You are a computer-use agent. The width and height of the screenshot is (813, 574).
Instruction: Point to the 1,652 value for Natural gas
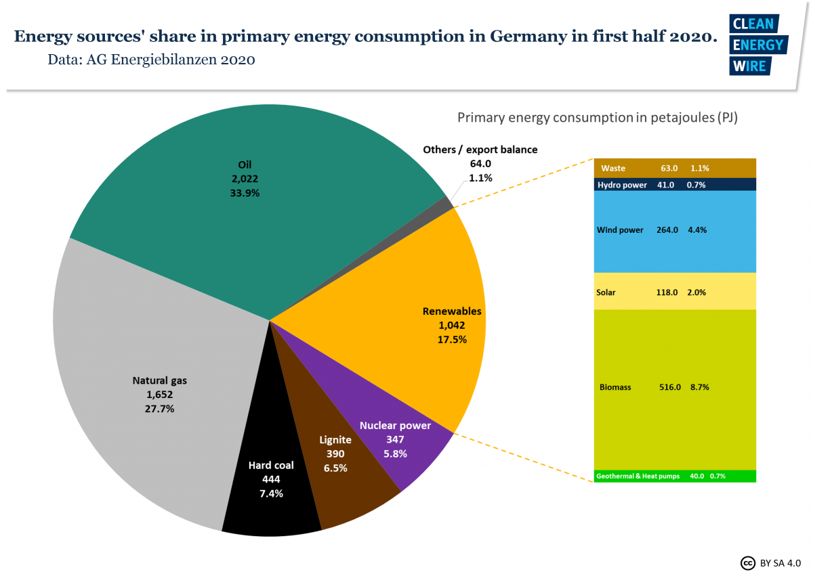(159, 395)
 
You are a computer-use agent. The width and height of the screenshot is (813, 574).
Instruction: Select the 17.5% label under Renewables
(452, 339)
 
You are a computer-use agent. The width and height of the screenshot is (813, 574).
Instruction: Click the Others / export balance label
(480, 150)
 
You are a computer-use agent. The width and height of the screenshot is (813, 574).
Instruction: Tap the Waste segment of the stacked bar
(675, 168)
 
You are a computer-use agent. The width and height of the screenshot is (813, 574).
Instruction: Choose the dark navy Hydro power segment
(675, 185)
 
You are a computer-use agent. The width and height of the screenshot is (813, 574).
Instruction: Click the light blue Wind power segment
(675, 231)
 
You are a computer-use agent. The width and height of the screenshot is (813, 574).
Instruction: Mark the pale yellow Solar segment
(675, 292)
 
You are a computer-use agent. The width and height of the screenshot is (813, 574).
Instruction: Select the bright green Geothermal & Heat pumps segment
(675, 476)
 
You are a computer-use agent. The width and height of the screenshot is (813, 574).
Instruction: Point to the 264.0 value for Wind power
(667, 230)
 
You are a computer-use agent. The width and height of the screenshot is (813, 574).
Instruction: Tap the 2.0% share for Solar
(697, 292)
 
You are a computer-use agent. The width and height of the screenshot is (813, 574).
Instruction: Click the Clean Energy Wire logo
(757, 44)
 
